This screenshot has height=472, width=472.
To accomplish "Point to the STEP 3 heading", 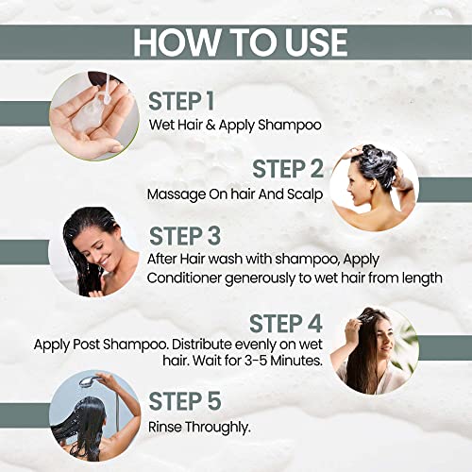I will pos(194,233).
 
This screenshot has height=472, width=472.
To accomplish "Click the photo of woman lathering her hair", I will pos(372,183).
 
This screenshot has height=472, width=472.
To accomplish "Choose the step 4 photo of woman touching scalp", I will pos(372,350).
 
